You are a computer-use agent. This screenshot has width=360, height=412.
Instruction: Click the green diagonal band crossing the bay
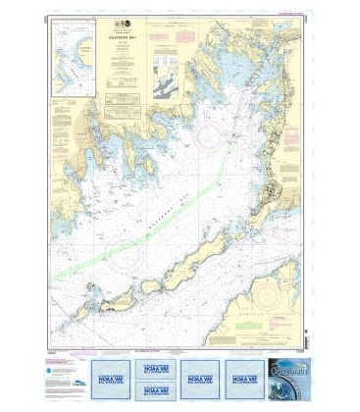(147, 232)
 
